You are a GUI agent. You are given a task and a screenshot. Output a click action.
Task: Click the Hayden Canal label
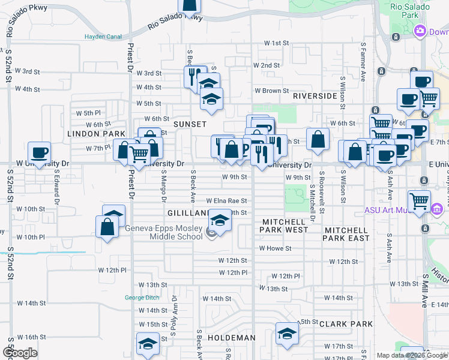point(103,36)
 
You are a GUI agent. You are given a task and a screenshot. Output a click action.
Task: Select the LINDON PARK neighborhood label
point(96,134)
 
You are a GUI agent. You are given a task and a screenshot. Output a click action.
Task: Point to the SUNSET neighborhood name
point(190,124)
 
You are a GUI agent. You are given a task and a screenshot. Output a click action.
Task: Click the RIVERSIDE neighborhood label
point(315,96)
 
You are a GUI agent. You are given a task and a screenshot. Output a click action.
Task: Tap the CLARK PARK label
point(346,324)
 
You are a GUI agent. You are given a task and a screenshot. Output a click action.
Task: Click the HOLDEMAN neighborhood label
point(232,338)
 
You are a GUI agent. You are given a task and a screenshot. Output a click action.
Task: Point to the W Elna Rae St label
point(227,201)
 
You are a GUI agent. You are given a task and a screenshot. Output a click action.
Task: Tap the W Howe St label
point(275,248)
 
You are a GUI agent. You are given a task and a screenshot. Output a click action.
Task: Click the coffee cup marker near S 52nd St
point(39,152)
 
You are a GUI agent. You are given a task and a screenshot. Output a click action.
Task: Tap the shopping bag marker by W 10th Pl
point(107,227)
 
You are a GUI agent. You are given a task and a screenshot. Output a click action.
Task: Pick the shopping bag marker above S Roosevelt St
point(318,139)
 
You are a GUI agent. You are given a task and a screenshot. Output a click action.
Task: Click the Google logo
point(21,353)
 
